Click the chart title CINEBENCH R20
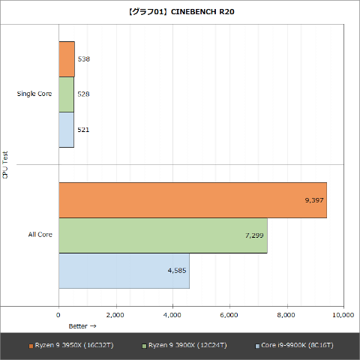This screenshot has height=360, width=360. (x=179, y=13)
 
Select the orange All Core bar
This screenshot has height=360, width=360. (x=192, y=200)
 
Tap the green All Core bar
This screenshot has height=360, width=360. (x=163, y=235)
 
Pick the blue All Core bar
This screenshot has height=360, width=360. (x=124, y=271)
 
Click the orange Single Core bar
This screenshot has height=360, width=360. (x=67, y=59)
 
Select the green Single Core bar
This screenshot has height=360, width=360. (x=66, y=94)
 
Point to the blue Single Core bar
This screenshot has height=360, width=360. (x=66, y=130)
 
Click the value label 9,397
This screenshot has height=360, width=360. (x=314, y=200)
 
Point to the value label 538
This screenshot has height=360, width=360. (x=84, y=59)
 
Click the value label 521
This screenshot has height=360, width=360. (x=83, y=130)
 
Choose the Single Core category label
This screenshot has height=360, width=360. (x=34, y=94)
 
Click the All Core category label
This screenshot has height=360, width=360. (x=40, y=235)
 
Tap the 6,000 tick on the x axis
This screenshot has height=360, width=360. (x=229, y=315)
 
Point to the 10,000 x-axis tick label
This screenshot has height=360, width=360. (x=343, y=315)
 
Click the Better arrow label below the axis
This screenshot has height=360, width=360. (x=82, y=326)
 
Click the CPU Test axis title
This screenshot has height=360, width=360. (x=6, y=165)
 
